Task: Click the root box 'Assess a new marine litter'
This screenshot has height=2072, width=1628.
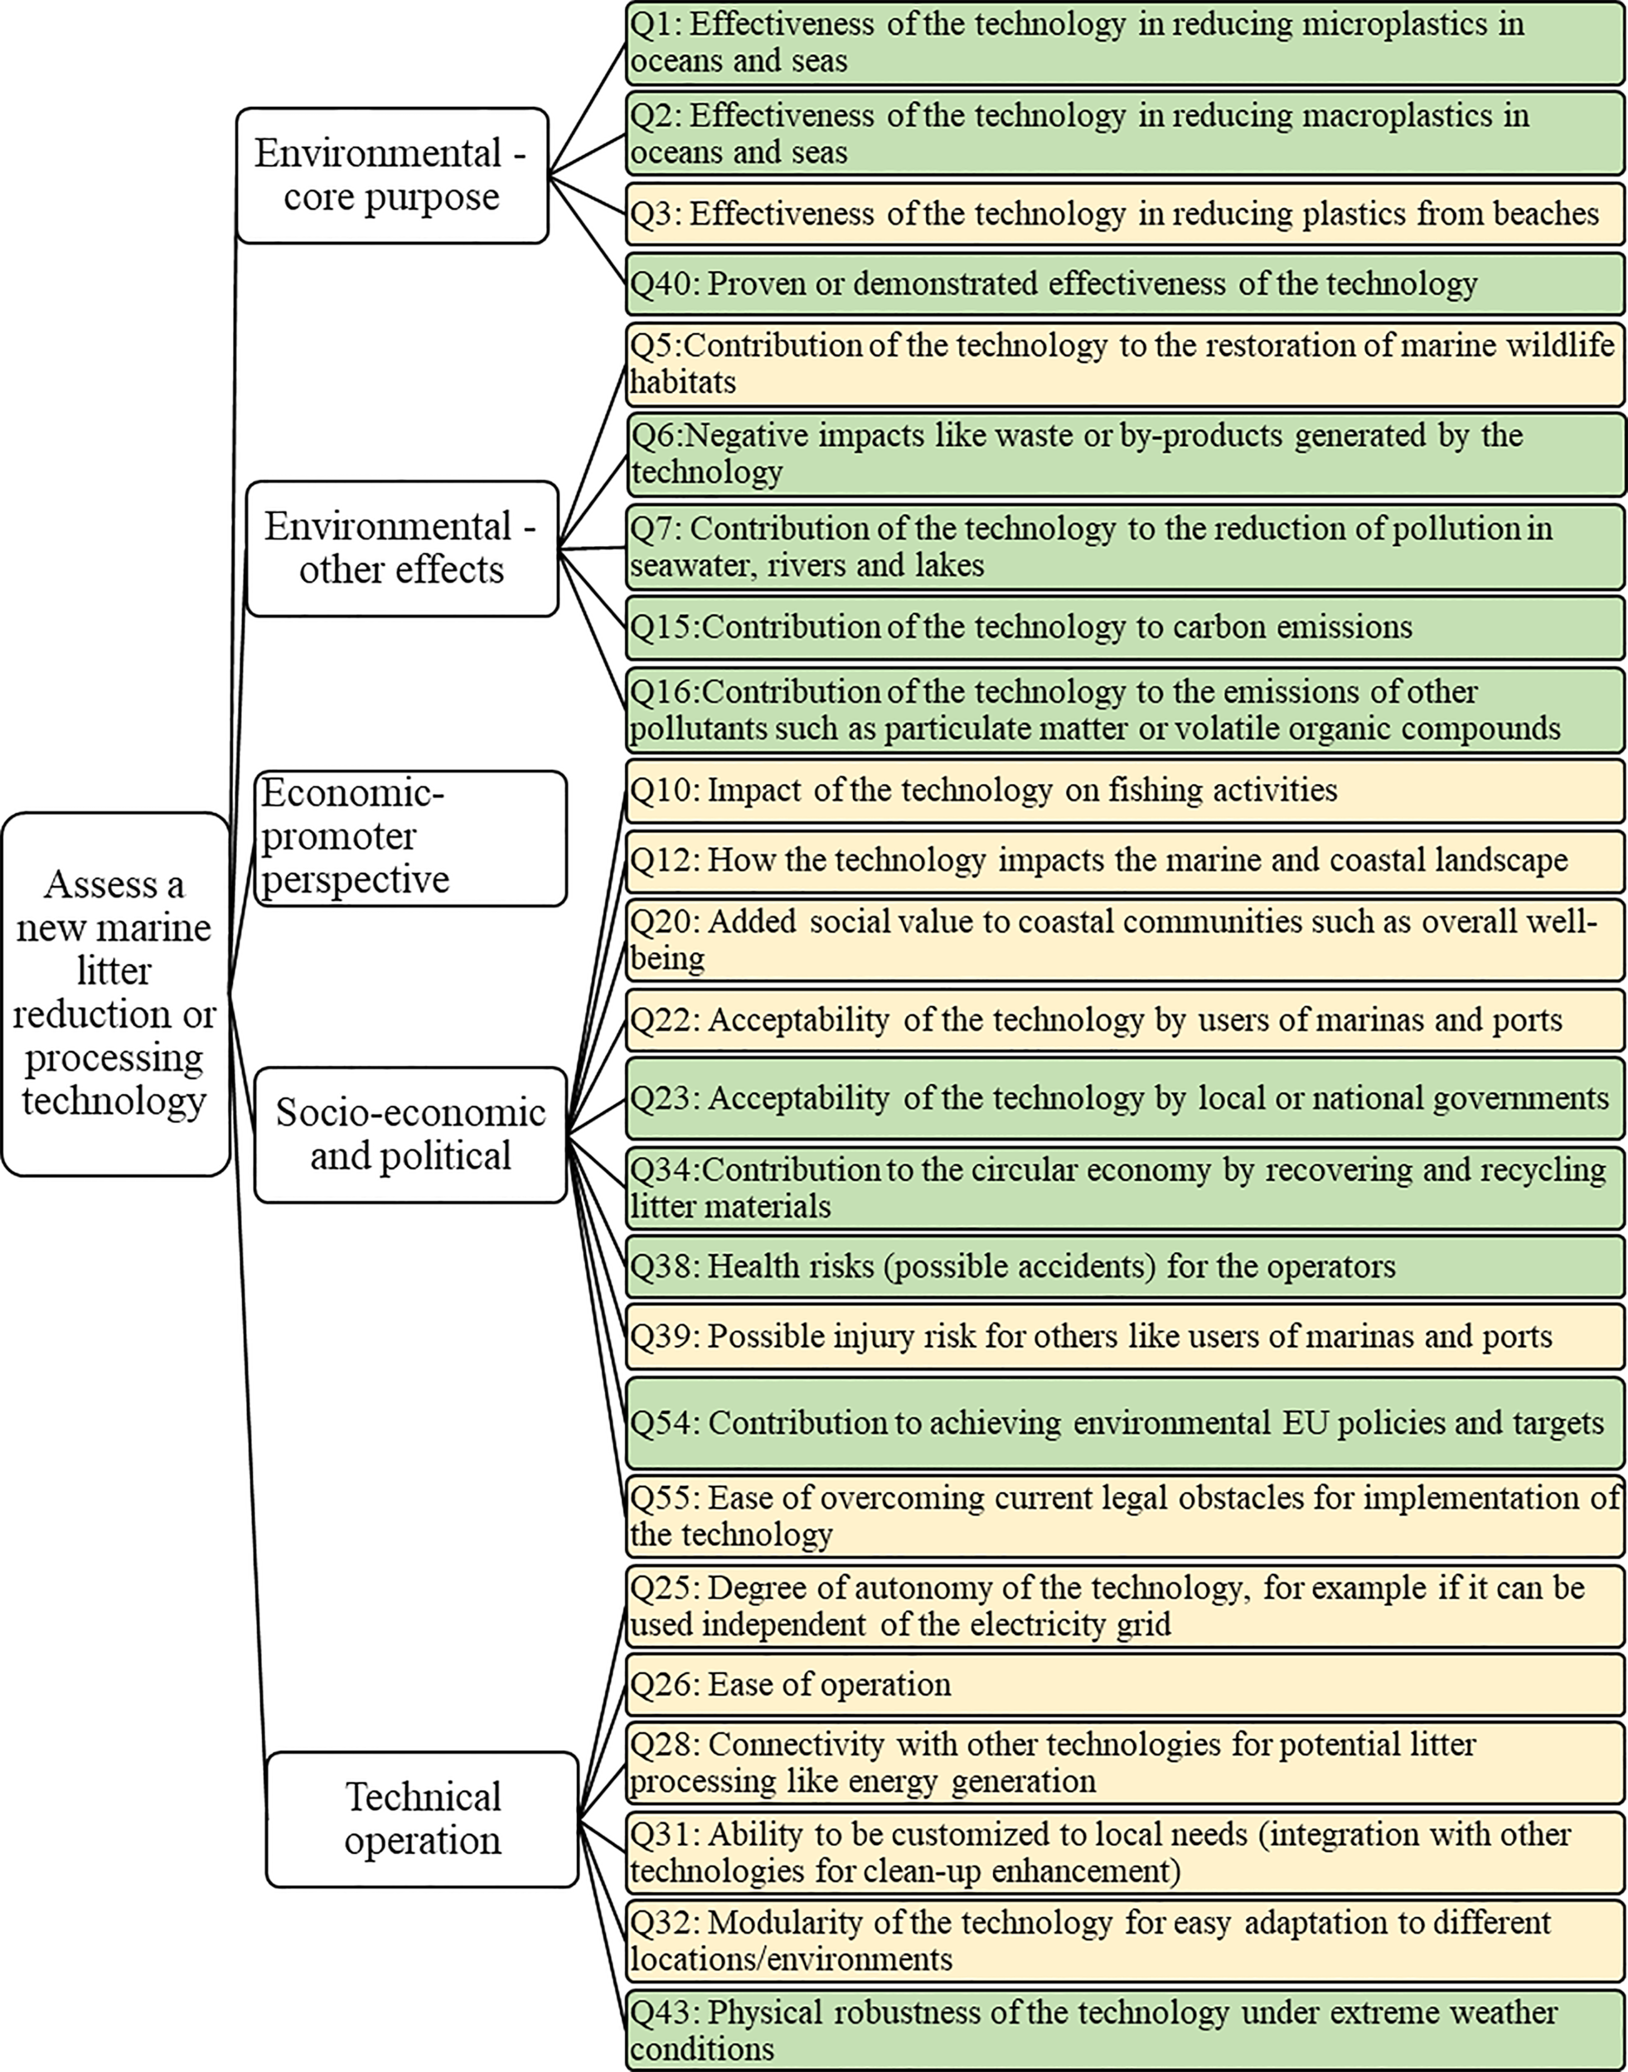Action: tap(115, 993)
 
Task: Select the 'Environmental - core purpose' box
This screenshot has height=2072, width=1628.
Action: tap(392, 176)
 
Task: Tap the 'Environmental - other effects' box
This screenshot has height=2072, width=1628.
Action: tap(401, 548)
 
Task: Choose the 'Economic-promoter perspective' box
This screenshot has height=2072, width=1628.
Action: tap(409, 838)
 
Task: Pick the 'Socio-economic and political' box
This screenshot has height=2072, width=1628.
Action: tap(409, 1134)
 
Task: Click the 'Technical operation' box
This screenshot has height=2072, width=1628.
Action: tap(422, 1818)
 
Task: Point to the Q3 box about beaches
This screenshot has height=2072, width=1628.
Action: tap(1125, 214)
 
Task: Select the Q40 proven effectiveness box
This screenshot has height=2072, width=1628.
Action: tap(1125, 284)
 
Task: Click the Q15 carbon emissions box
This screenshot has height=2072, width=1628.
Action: tap(1125, 627)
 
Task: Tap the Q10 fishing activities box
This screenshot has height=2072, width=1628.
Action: tap(1125, 790)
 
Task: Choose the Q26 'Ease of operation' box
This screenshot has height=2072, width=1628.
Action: tap(1125, 1684)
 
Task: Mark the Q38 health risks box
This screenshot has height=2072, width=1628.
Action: tap(1125, 1266)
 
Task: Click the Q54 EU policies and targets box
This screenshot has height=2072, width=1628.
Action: tap(1125, 1423)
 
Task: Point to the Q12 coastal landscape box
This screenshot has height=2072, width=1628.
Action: tap(1125, 860)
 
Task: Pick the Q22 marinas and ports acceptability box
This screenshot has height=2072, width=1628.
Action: tap(1125, 1019)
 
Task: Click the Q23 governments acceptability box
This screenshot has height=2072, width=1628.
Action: tap(1125, 1098)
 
